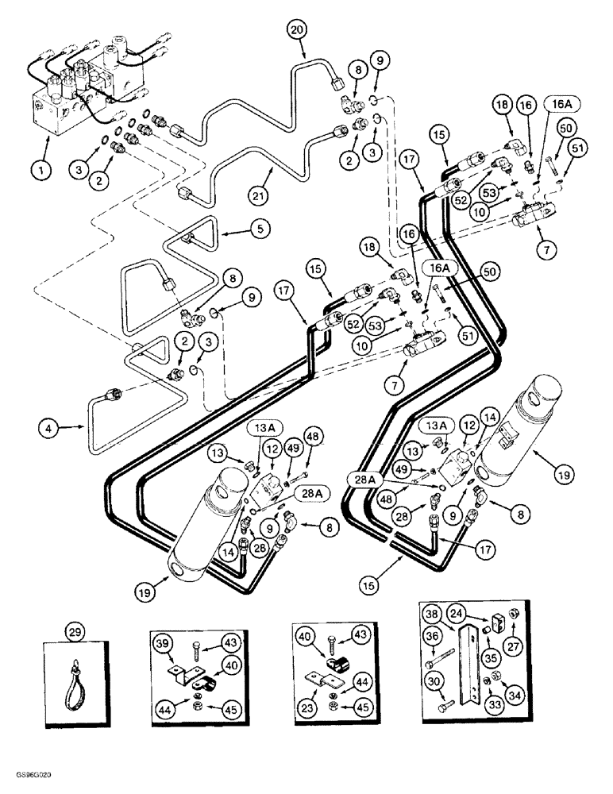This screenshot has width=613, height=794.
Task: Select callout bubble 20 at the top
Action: [296, 31]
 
